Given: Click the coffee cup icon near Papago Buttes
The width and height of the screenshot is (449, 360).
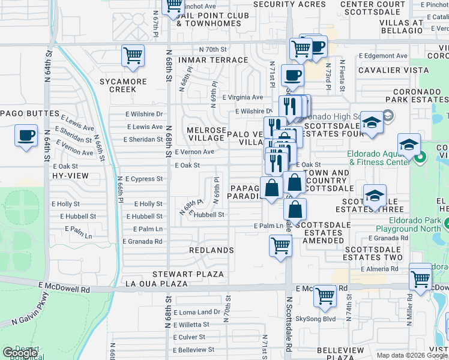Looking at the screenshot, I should click(26, 136).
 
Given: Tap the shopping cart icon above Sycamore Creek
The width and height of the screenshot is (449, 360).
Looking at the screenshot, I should click(133, 56).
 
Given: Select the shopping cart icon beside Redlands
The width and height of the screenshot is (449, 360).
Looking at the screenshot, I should click(280, 245).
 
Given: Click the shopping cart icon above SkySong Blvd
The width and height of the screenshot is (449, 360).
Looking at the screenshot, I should click(325, 296).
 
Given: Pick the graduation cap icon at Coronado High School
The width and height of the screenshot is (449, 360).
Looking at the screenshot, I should click(372, 123).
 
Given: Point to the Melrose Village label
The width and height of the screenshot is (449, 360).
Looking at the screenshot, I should click(206, 134).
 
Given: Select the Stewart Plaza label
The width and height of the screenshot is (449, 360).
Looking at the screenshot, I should click(188, 274).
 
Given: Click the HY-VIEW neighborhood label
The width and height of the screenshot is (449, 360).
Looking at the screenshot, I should click(70, 176).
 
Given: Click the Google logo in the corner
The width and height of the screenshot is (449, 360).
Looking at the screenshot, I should click(20, 353).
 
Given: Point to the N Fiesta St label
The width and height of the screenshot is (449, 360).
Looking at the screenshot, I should click(342, 74).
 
